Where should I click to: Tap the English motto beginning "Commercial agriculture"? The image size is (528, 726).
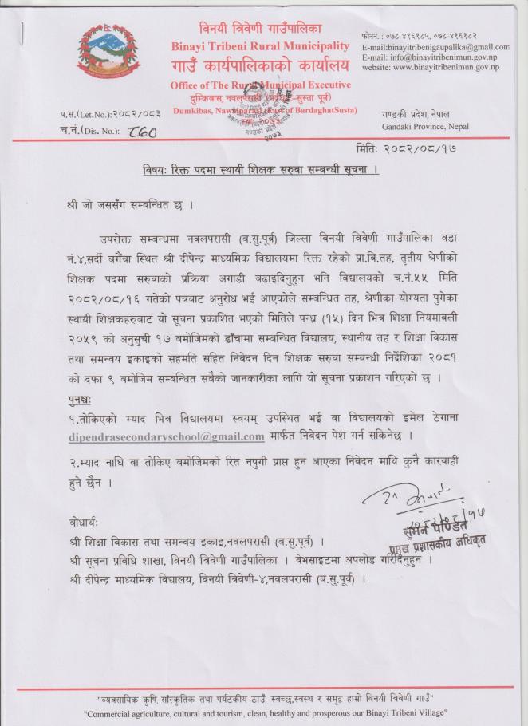[265, 711]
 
